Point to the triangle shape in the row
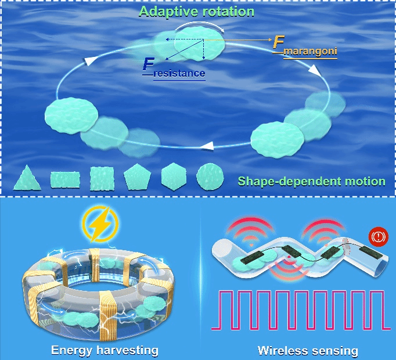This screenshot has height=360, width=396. point(27,178)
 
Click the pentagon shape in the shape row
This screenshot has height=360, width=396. point(137,177)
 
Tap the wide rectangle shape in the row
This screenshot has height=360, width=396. point(64,179)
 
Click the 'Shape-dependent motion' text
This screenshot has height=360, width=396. point(312,181)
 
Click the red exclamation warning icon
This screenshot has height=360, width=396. point(378,237)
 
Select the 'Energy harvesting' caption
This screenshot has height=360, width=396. point(105,350)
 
